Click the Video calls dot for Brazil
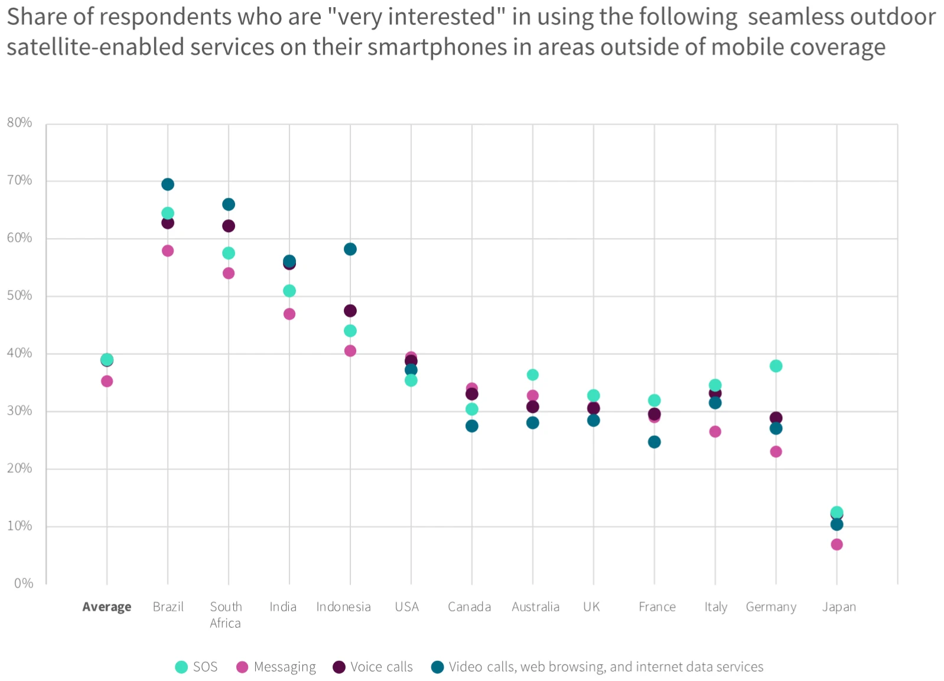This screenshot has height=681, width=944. click(x=168, y=184)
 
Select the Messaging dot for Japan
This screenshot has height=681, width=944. click(x=836, y=545)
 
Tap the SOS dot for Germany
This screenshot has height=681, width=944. click(x=776, y=366)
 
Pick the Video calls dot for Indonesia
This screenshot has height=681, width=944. click(x=350, y=249)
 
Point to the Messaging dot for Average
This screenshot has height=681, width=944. click(x=107, y=382)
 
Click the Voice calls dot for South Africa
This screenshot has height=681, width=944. click(x=229, y=226)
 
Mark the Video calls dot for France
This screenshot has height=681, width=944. click(x=654, y=442)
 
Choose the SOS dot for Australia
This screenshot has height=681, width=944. click(x=532, y=375)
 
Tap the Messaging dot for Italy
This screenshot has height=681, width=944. click(x=715, y=432)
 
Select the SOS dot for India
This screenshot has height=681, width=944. click(x=289, y=291)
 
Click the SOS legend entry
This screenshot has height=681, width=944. click(x=197, y=667)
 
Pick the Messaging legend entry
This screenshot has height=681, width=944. click(x=276, y=667)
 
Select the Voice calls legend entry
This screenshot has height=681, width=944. click(x=373, y=667)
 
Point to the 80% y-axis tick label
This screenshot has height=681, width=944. click(x=19, y=123)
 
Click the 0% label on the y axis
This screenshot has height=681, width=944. click(x=24, y=584)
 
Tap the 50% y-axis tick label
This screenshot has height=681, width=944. click(x=19, y=295)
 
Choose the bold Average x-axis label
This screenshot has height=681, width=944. click(x=107, y=607)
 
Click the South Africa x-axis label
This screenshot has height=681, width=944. click(x=226, y=615)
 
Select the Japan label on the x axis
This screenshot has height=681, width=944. click(x=839, y=607)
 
